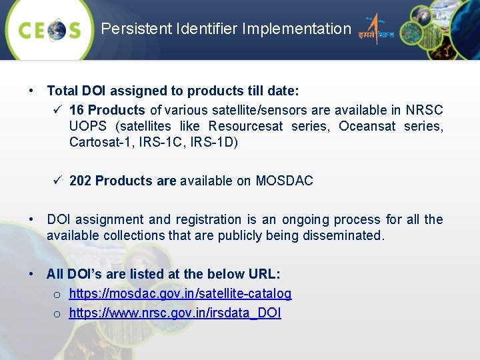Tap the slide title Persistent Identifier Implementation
click(x=225, y=29)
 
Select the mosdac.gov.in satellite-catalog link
click(x=180, y=293)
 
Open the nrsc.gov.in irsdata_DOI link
click(x=175, y=313)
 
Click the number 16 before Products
click(x=77, y=110)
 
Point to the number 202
click(x=81, y=181)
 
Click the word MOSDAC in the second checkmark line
click(x=284, y=181)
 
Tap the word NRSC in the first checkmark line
click(x=427, y=110)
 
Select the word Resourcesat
click(x=245, y=126)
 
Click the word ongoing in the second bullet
click(x=308, y=219)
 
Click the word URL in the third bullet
click(x=265, y=274)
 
